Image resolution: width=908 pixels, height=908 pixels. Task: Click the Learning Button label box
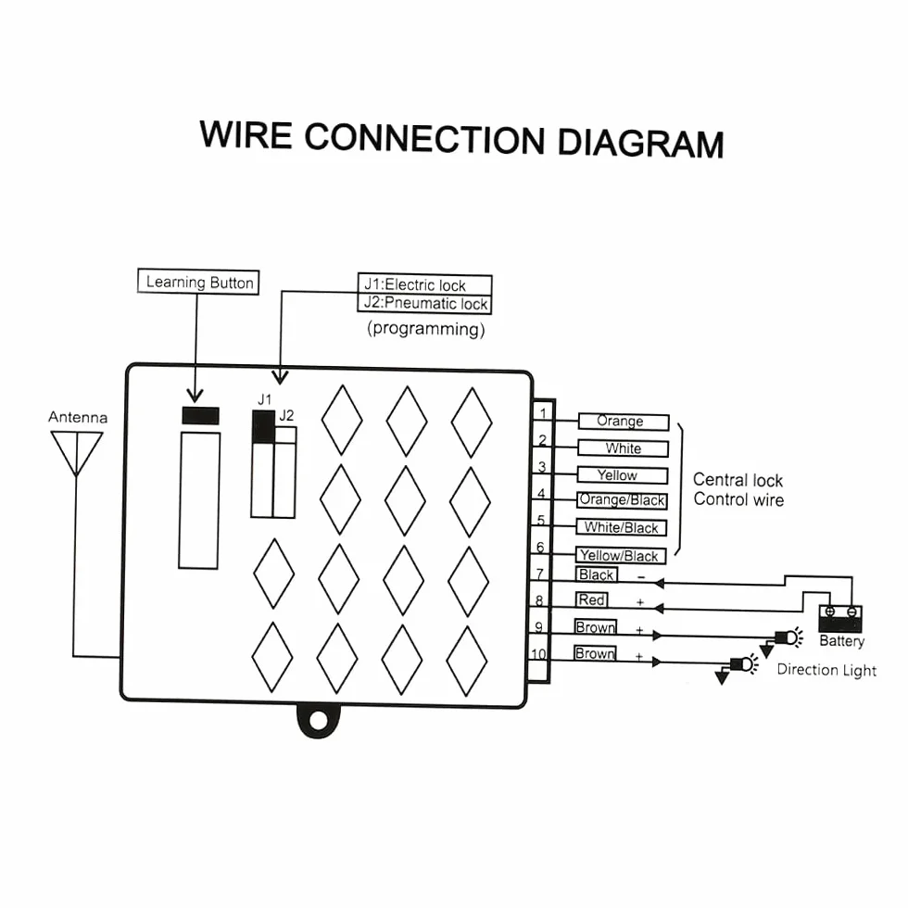pos(198,282)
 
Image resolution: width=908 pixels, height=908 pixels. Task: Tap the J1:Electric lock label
pos(424,284)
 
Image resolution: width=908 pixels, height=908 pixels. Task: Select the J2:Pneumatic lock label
pos(424,304)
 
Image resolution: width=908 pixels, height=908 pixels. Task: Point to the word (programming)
pos(425,329)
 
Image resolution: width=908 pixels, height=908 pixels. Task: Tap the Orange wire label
pos(623,422)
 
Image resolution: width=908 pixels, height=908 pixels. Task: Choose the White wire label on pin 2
pos(623,448)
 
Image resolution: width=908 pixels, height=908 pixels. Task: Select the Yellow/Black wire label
pos(620,555)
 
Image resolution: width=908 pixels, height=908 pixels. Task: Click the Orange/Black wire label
pos(622,500)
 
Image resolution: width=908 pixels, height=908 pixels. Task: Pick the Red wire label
pos(591,600)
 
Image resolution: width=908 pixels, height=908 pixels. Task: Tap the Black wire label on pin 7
pos(597,574)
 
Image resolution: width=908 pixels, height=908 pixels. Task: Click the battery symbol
pos(839,619)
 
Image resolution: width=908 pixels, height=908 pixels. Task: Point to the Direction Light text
pos(826,670)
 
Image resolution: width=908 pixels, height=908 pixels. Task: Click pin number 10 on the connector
pos(538,654)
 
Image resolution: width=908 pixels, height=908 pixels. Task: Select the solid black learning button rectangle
pos(200,416)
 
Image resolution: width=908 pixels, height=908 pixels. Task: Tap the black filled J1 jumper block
pos(263,427)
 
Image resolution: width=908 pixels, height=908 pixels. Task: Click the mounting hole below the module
pos(318,721)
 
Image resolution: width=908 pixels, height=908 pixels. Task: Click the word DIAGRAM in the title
pos(640,143)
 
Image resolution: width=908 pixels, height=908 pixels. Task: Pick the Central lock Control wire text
pos(738,490)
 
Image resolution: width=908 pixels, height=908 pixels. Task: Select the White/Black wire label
pos(622,527)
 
